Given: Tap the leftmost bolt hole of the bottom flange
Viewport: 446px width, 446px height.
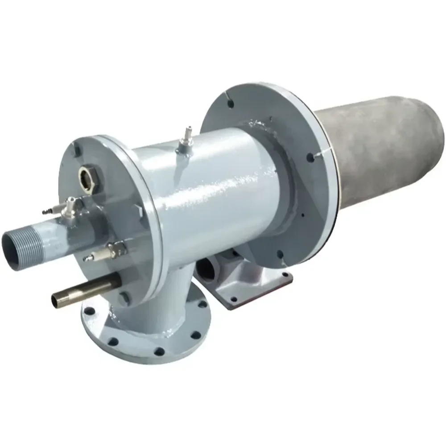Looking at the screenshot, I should click(x=90, y=310).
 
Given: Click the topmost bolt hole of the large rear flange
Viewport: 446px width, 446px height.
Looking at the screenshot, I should click(x=231, y=103).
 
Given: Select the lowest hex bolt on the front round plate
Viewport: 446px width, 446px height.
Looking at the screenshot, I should click(x=125, y=298).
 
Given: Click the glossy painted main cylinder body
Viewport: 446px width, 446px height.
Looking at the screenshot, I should click(x=214, y=187).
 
